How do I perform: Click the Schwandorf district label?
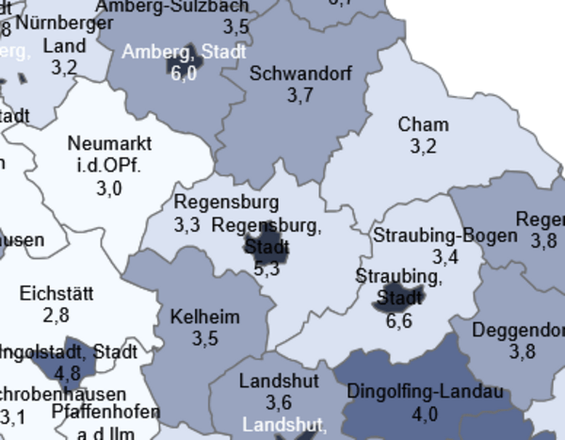(x=300, y=73)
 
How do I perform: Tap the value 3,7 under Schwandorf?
(x=299, y=95)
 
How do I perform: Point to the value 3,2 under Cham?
(x=423, y=146)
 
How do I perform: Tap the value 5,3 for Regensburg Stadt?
(x=266, y=269)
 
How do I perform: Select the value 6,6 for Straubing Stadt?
(x=399, y=320)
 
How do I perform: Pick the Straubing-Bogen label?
(x=444, y=235)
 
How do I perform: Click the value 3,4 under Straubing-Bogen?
(x=445, y=256)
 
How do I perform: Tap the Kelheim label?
(x=204, y=316)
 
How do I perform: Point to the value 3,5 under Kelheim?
(x=204, y=337)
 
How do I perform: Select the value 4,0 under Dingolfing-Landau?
(x=425, y=413)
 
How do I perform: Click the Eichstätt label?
(x=56, y=293)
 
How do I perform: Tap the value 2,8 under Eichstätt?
(x=56, y=315)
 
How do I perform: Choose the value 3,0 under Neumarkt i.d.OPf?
(x=109, y=188)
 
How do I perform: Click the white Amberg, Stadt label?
(x=183, y=51)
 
